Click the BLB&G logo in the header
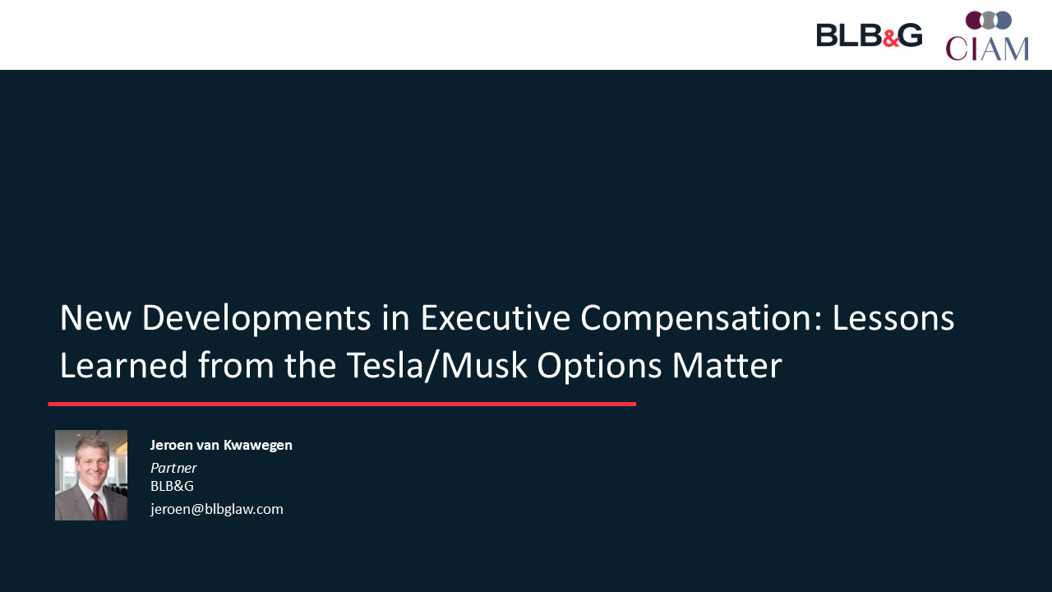(x=870, y=35)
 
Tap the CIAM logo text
(x=987, y=49)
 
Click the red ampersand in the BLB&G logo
(x=890, y=39)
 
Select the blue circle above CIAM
(x=1004, y=21)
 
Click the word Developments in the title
(x=256, y=318)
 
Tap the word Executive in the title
(x=495, y=318)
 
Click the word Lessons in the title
(x=893, y=318)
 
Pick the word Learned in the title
(x=124, y=365)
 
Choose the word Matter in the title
(x=727, y=365)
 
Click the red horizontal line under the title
(x=342, y=404)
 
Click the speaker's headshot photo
(x=91, y=475)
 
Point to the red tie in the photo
(x=98, y=507)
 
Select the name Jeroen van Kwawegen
(x=221, y=445)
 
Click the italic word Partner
(x=173, y=468)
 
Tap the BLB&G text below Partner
(x=172, y=486)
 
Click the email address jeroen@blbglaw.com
(x=216, y=509)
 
